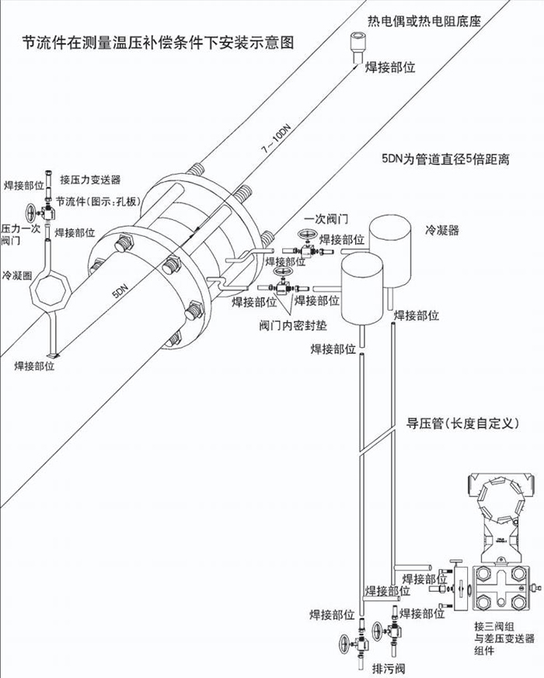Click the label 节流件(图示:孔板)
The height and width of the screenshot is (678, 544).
pos(102,203)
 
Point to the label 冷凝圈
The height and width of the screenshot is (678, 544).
pos(16,276)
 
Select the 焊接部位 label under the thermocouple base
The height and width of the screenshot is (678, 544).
pos(389,68)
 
